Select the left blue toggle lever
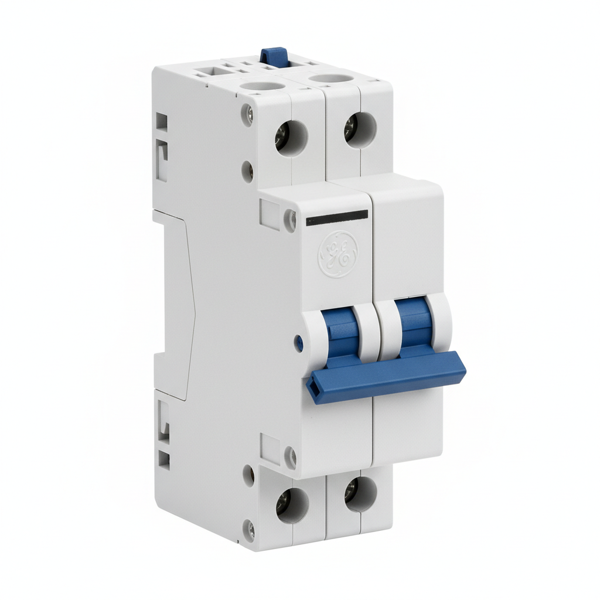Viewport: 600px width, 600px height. coord(342,333)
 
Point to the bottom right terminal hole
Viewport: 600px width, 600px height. coord(360,494)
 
